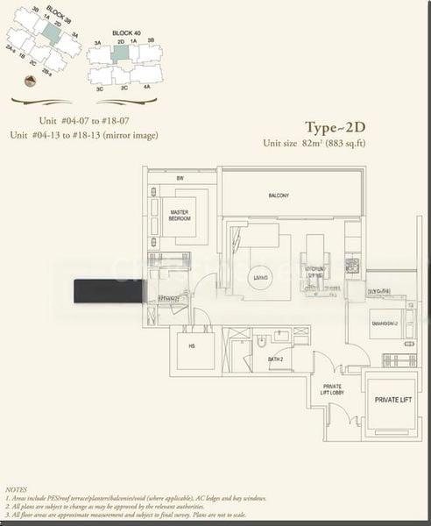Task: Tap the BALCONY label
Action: [279, 195]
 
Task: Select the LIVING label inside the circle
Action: [260, 278]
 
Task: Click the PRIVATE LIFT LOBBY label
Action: [333, 389]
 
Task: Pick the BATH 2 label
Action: [274, 359]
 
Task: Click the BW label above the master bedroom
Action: [180, 179]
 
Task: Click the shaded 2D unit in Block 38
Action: [52, 35]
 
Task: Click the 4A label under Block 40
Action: [147, 87]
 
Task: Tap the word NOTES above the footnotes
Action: [16, 487]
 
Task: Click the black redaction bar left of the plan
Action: [109, 291]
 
